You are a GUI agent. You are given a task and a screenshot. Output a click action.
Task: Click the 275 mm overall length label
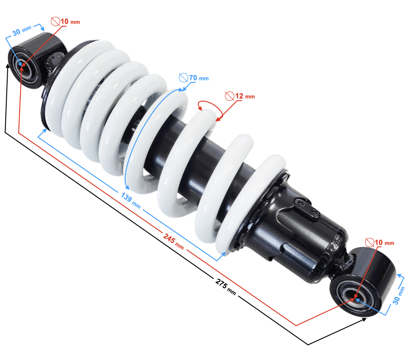(x=225, y=287)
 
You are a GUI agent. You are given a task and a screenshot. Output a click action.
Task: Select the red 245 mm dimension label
(x=173, y=241)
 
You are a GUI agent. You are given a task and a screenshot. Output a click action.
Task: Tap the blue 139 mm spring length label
(x=130, y=200)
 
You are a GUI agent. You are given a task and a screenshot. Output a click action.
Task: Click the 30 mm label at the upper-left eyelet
(x=22, y=31)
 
